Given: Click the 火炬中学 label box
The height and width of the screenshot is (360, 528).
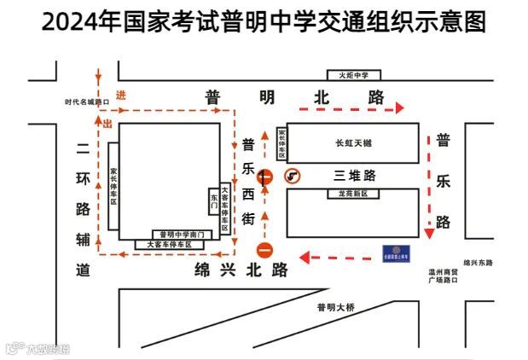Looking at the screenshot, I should pyautogui.click(x=356, y=75).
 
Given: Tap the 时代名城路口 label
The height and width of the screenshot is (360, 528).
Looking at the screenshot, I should pyautogui.click(x=88, y=102).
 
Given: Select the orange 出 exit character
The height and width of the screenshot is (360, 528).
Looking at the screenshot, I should pyautogui.click(x=107, y=125).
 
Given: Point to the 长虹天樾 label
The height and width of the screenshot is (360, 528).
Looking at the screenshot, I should pyautogui.click(x=353, y=143).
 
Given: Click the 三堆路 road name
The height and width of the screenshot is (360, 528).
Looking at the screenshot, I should pyautogui.click(x=354, y=176).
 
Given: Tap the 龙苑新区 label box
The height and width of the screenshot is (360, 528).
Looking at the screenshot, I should pyautogui.click(x=353, y=195).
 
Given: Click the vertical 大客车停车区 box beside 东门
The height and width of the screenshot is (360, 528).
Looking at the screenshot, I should pyautogui.click(x=225, y=209).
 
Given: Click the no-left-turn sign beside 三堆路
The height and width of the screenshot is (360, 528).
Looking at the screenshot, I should pyautogui.click(x=293, y=177).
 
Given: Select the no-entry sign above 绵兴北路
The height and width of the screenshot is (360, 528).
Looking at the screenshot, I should pyautogui.click(x=265, y=251).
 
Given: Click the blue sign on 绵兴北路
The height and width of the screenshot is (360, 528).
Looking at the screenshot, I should pyautogui.click(x=395, y=253).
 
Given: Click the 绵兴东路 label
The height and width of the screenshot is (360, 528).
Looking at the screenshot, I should pyautogui.click(x=478, y=263).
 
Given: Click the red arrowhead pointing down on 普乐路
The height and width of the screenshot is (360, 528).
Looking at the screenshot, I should pyautogui.click(x=429, y=233).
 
